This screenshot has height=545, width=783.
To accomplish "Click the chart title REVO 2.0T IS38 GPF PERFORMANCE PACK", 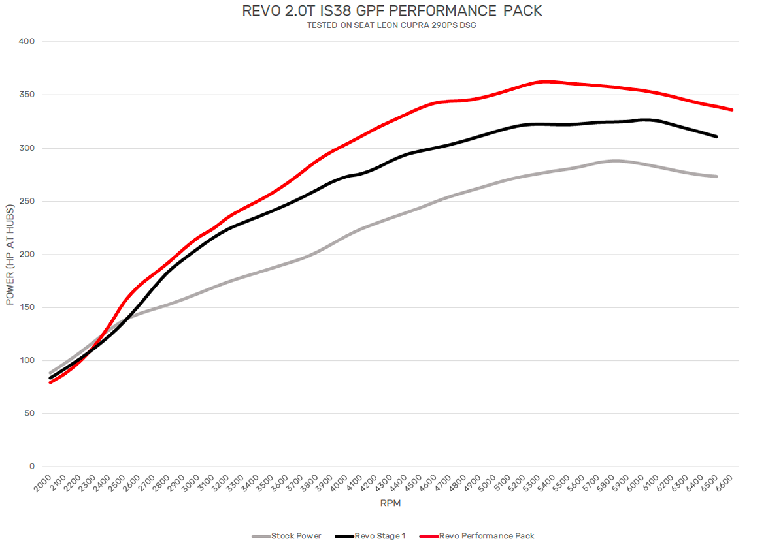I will click(392, 11).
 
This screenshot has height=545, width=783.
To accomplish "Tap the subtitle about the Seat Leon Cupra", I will click(391, 25).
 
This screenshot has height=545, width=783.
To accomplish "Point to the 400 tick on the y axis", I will click(27, 42).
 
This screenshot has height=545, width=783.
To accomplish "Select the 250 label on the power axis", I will click(27, 201).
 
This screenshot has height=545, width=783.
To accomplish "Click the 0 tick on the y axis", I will click(31, 467).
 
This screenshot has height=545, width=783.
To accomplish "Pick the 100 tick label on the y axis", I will click(27, 360).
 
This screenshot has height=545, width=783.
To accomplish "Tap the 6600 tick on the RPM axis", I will click(725, 485).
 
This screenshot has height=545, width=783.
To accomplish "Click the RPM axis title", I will click(391, 504).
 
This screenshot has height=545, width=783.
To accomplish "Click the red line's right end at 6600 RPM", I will click(732, 110).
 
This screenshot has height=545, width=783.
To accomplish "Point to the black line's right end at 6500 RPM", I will click(717, 136).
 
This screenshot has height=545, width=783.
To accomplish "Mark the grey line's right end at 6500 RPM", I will click(717, 176).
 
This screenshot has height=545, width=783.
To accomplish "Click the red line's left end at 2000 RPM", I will click(50, 382).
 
